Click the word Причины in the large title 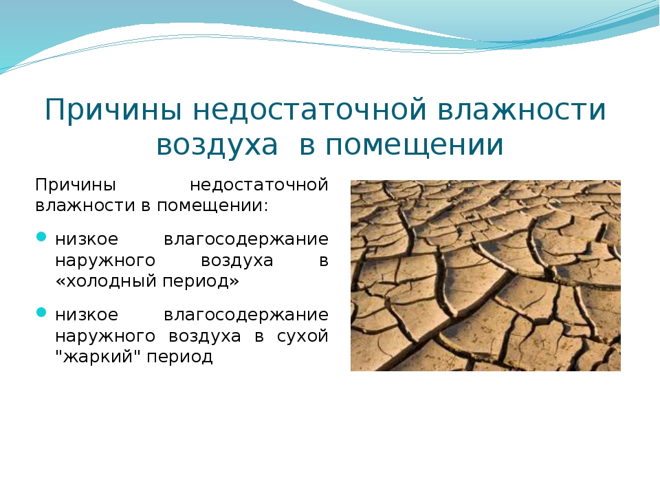pos(113,110)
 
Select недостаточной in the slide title pos(310,109)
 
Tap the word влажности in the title pos(522,109)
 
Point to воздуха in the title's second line pos(217,146)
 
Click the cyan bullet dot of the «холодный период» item pos(41,236)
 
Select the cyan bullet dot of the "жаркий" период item pos(41,312)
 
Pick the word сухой pos(302,336)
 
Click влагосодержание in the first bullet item pos(246,240)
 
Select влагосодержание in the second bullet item pos(246,316)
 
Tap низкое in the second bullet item pos(87,315)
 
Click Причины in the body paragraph pos(76,186)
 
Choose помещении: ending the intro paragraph pos(212,206)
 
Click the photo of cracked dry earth pos(485,276)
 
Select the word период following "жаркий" pos(179,357)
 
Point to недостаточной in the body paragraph pos(259,186)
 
